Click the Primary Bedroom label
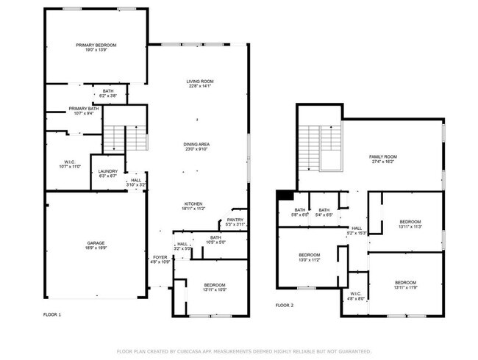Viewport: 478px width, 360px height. [96, 46]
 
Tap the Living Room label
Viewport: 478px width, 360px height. [198, 82]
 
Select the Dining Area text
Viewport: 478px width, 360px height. [198, 144]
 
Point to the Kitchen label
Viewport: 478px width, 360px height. [194, 204]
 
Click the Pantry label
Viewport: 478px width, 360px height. [235, 220]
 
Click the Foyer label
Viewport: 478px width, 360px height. [160, 257]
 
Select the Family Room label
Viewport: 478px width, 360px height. [382, 156]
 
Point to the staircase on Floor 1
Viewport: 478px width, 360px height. [116, 137]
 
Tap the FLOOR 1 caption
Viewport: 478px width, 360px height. [52, 314]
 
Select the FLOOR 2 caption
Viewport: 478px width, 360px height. [285, 305]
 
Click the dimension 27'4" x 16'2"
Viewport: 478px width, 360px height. [382, 162]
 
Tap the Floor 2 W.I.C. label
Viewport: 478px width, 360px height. [354, 295]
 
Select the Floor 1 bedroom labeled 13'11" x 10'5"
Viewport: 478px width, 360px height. [215, 284]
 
